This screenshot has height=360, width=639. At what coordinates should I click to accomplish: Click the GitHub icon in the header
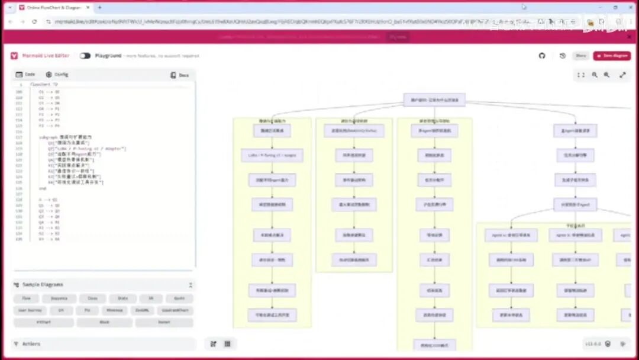point(542,56)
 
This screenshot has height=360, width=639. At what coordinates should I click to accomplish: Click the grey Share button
point(581,56)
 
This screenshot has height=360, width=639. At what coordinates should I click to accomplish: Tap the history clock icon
point(562,56)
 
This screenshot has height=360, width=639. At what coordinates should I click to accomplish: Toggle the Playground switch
point(85,56)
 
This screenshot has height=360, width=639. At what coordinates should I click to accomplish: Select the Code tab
point(25,75)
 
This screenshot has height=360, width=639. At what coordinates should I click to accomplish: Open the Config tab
point(57,75)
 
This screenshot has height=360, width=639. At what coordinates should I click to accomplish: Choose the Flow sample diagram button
point(26,298)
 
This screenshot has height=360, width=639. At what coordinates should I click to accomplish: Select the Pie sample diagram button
point(87,310)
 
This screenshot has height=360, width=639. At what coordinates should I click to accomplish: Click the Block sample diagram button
point(105,323)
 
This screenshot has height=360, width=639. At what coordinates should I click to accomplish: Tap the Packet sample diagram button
point(164,323)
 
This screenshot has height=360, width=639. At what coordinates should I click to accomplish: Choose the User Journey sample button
point(27,310)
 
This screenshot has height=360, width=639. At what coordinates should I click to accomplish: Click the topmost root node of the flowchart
point(434,99)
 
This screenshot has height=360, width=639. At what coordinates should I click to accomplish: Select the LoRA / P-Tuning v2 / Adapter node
point(272,156)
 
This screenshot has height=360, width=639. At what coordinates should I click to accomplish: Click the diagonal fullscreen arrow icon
point(622,75)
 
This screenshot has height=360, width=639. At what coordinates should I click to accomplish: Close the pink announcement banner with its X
point(628,37)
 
